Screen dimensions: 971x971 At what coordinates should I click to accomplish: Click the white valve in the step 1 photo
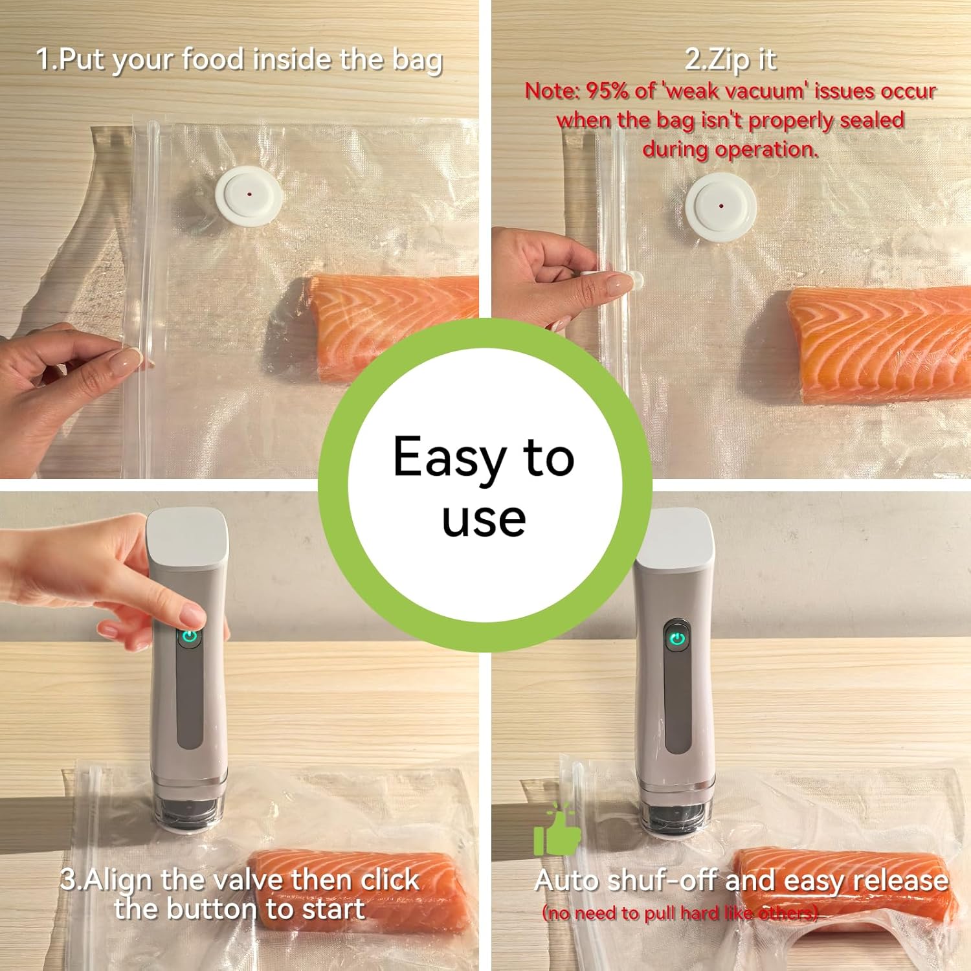pyautogui.click(x=249, y=195)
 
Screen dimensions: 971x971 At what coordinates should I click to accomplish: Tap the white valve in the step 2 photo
pyautogui.click(x=720, y=206)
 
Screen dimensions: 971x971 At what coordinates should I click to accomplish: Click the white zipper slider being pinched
pyautogui.click(x=631, y=281)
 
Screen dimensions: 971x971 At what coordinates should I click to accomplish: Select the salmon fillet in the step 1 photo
pyautogui.click(x=388, y=317)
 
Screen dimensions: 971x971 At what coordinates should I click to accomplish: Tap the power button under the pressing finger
pyautogui.click(x=189, y=636)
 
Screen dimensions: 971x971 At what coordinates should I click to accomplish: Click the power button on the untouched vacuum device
pyautogui.click(x=677, y=639)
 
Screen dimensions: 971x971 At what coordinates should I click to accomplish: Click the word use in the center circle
pyautogui.click(x=484, y=519)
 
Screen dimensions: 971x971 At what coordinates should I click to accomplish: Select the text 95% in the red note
pyautogui.click(x=607, y=91)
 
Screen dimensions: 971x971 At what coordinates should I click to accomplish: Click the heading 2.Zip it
pyautogui.click(x=730, y=60)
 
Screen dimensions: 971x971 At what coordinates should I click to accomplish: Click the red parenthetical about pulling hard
pyautogui.click(x=680, y=913)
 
